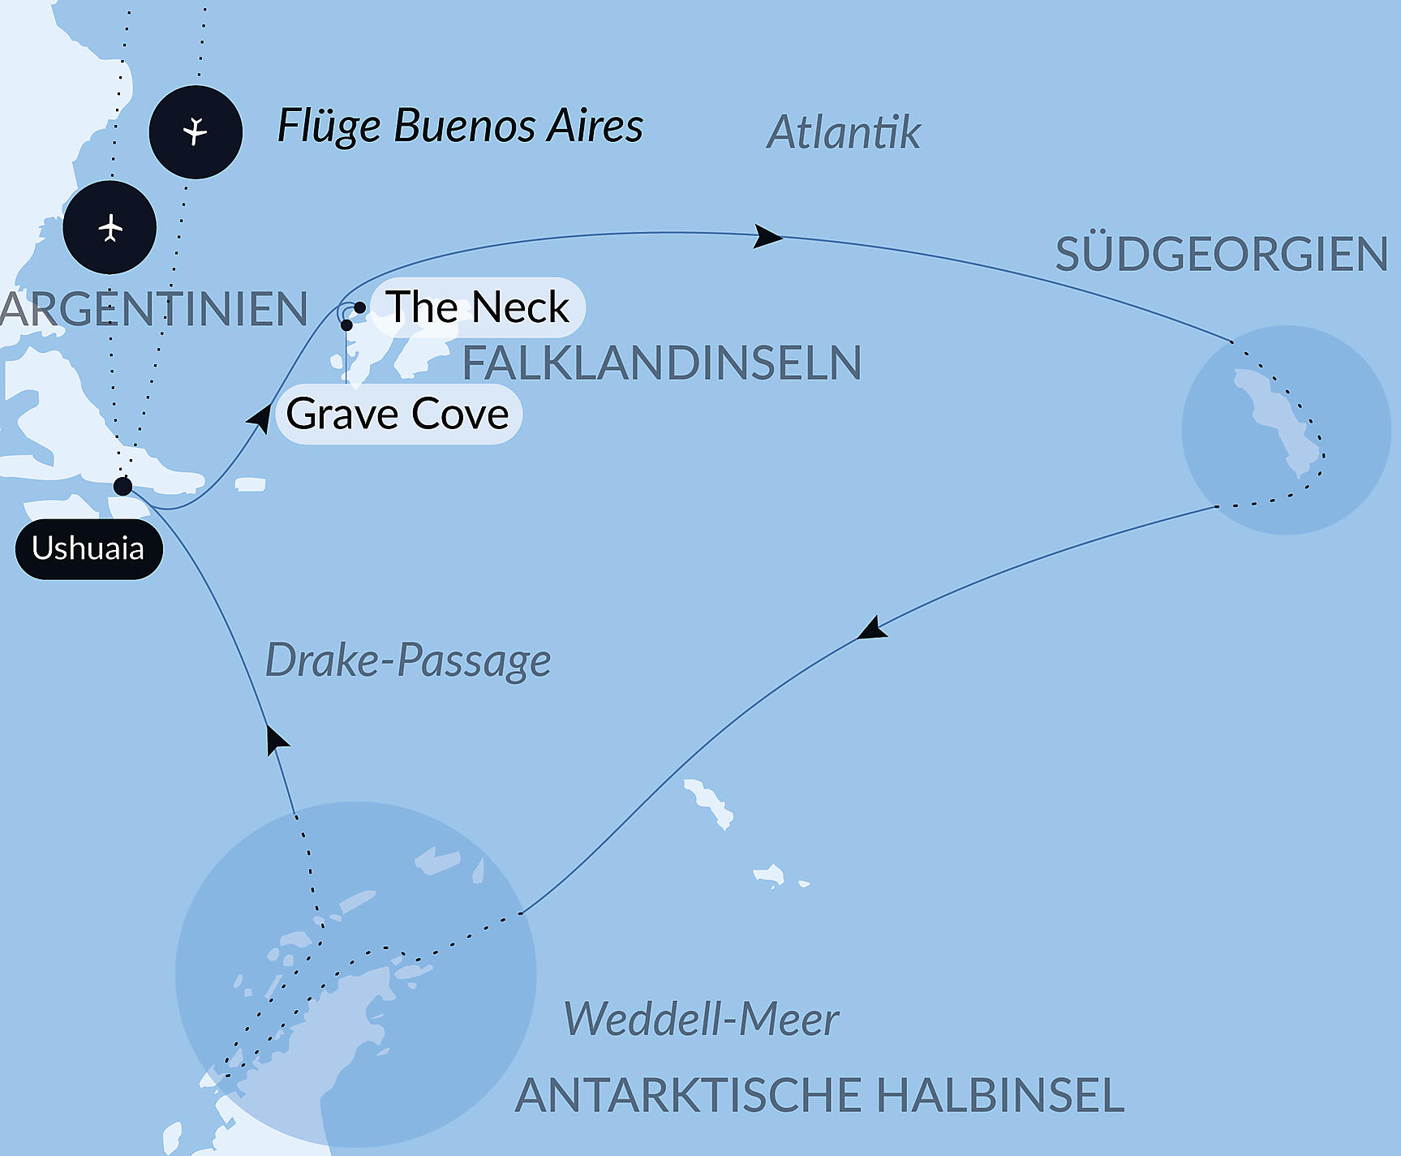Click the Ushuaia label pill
click(x=88, y=549)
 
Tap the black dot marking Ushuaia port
click(x=122, y=486)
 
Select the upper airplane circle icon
click(x=196, y=131)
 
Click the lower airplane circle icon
click(x=110, y=228)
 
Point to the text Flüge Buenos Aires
click(x=460, y=127)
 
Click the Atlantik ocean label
click(x=843, y=133)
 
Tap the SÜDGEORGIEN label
click(x=1221, y=255)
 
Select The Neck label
click(x=477, y=307)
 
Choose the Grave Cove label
click(x=398, y=415)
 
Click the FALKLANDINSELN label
click(x=661, y=363)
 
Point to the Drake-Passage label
click(x=408, y=660)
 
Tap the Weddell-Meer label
click(x=701, y=1020)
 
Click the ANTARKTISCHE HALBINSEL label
click(x=819, y=1095)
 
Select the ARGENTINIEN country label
click(x=153, y=309)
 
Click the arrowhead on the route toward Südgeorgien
click(x=767, y=237)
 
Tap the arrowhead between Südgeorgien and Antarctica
click(x=873, y=630)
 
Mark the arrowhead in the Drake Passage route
click(x=277, y=740)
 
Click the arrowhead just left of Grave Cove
click(x=261, y=418)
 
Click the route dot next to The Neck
click(x=359, y=307)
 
